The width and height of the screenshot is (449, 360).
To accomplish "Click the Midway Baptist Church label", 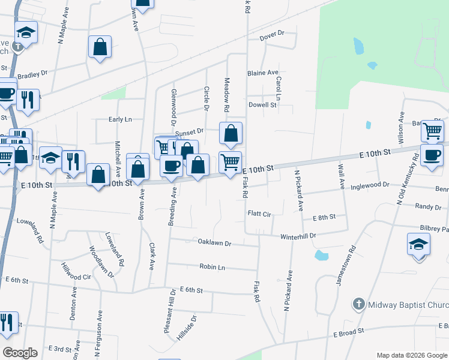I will coord(408,305).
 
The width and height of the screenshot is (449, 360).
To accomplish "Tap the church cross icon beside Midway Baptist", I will coord(359,304).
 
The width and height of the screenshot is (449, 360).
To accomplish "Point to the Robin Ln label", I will coord(212,266).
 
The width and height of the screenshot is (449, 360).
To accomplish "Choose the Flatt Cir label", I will coord(259,214).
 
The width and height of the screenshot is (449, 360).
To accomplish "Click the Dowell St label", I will coord(262,104).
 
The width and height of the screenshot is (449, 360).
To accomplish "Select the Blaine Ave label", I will coord(263,73).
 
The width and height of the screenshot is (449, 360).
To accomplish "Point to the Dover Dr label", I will coord(271,38).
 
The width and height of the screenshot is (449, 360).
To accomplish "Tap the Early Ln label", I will coord(120,119).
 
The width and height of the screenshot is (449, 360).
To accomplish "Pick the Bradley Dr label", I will coord(32,76).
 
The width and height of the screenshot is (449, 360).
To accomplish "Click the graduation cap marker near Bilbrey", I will coord(419,244).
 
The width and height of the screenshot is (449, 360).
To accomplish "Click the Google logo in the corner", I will coord(20,353).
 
